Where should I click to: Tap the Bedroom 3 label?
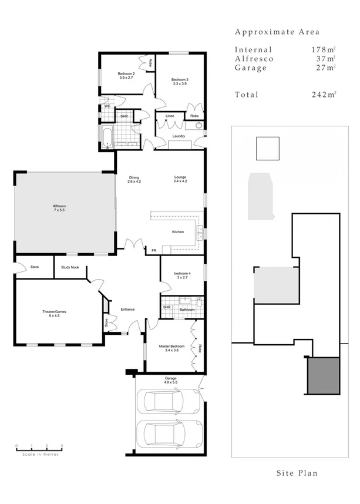click(180, 82)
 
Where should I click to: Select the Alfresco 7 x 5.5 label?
click(59, 208)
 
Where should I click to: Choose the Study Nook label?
click(70, 268)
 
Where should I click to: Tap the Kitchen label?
click(178, 232)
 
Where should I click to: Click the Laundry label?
click(179, 136)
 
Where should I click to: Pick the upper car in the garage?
click(166, 402)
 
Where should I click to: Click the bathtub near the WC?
click(107, 137)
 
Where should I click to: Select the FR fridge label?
click(154, 250)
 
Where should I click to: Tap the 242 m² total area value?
click(323, 95)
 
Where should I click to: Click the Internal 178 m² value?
click(323, 50)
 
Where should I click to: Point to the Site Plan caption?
click(297, 473)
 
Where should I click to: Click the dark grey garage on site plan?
click(323, 375)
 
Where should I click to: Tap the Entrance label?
click(127, 310)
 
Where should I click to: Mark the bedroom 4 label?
click(183, 275)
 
